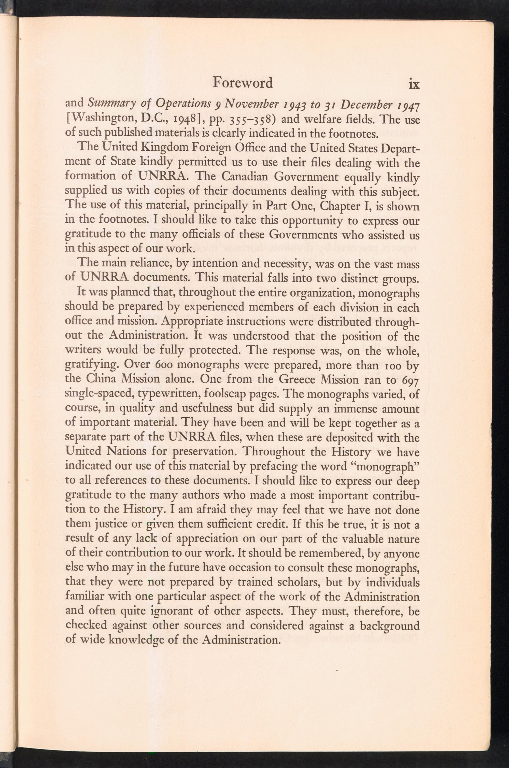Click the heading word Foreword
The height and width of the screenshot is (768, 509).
243,83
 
